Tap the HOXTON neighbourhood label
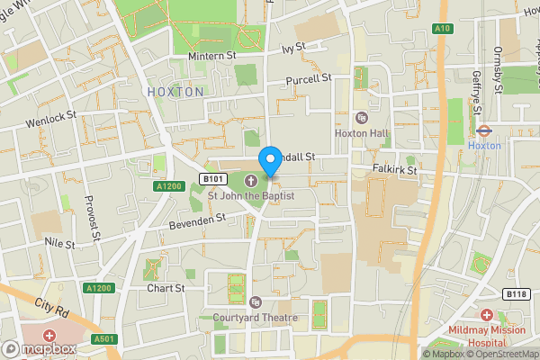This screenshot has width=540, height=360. [175, 92]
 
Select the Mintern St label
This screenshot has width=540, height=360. [211, 57]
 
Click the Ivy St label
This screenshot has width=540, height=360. [294, 49]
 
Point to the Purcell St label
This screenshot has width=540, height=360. [310, 79]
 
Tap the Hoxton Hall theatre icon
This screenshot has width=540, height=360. [362, 118]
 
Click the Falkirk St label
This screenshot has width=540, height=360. [396, 169]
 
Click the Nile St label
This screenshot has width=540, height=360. [60, 243]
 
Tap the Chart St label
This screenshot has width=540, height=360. [166, 289]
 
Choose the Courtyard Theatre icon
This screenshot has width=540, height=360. [256, 301]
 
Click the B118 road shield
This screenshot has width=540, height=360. [516, 294]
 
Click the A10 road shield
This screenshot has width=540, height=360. [443, 28]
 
